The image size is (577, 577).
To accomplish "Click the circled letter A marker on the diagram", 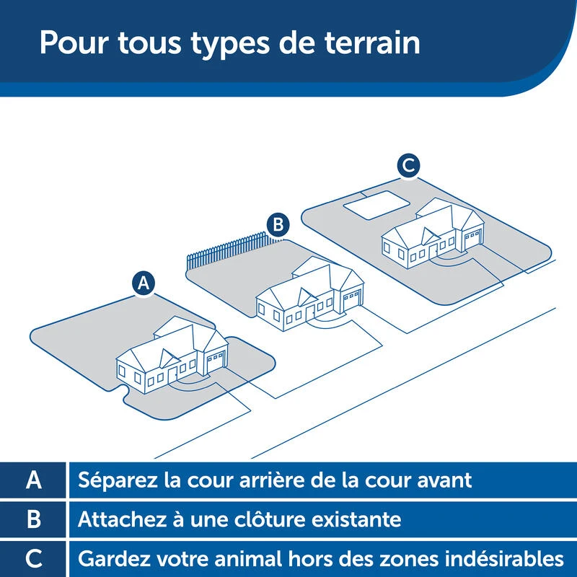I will [x=144, y=283].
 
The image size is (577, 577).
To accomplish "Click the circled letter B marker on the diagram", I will [x=277, y=224].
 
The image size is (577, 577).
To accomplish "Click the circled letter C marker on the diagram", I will [x=408, y=165].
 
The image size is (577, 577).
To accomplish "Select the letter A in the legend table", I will [x=34, y=480].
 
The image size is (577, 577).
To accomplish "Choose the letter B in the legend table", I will [x=34, y=519].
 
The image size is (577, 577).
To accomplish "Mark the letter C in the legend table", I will [x=34, y=558].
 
